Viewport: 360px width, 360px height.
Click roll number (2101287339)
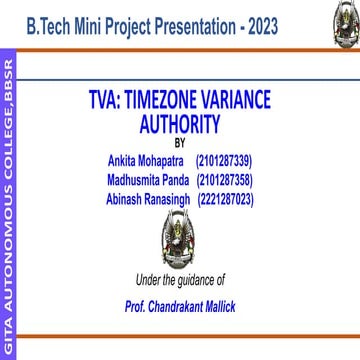tap(224, 161)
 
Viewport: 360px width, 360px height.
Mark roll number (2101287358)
tap(224, 180)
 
